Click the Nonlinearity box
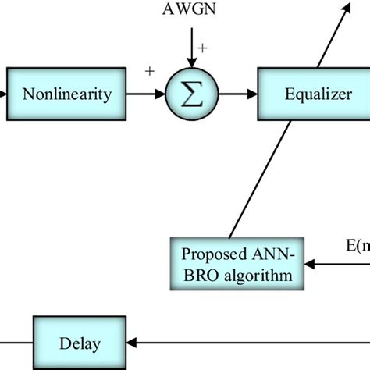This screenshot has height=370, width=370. [x=67, y=95]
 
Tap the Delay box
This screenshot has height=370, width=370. [x=79, y=343]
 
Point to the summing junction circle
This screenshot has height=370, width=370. [x=188, y=95]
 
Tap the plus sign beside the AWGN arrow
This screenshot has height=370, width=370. [x=202, y=48]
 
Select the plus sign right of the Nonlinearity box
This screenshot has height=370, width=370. [x=149, y=72]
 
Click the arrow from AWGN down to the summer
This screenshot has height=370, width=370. [x=188, y=51]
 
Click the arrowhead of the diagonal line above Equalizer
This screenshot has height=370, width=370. [x=345, y=5]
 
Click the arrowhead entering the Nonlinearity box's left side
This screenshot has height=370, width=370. [x=3, y=95]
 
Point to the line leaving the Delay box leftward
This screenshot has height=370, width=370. [x=16, y=343]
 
